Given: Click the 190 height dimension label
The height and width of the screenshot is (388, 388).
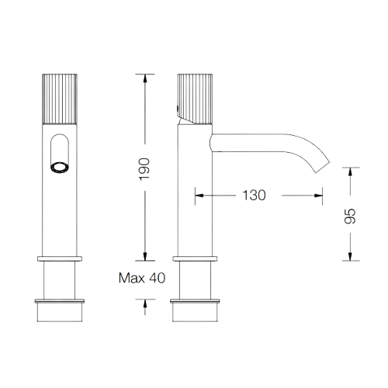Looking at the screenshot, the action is pos(144,169).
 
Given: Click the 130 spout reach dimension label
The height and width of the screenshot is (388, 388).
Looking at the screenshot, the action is pos(254,196).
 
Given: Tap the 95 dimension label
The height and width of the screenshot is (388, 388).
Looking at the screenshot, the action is pos(350,216).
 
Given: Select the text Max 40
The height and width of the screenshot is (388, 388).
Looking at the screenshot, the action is pos(142,278).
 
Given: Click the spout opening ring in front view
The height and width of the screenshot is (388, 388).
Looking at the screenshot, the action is pos(60,168).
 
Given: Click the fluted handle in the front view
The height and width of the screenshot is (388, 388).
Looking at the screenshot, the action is pos(60,99).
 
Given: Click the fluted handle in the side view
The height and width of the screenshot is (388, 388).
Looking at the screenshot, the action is pos(195,99).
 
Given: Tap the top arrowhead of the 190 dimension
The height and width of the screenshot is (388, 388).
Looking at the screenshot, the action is pos(145,78).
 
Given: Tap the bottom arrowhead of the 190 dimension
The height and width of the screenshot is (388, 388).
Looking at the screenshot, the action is pos(145,256).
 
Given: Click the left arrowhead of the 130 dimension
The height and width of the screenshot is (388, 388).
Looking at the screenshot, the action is pos(199,196).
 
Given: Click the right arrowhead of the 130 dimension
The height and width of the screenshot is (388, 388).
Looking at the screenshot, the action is pos(318,196).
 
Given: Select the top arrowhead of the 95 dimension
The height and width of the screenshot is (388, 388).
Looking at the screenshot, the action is pos(350,172).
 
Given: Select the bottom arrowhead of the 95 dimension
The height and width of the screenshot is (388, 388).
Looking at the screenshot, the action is pos(350,256).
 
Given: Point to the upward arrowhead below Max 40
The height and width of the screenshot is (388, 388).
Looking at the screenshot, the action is pos(145,303).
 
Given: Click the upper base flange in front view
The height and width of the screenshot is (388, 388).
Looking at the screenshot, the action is pos(60,258).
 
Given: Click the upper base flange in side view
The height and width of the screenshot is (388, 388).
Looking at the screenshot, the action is pos(195,258).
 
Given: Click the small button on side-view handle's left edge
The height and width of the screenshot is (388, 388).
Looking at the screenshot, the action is pos(178,108).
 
